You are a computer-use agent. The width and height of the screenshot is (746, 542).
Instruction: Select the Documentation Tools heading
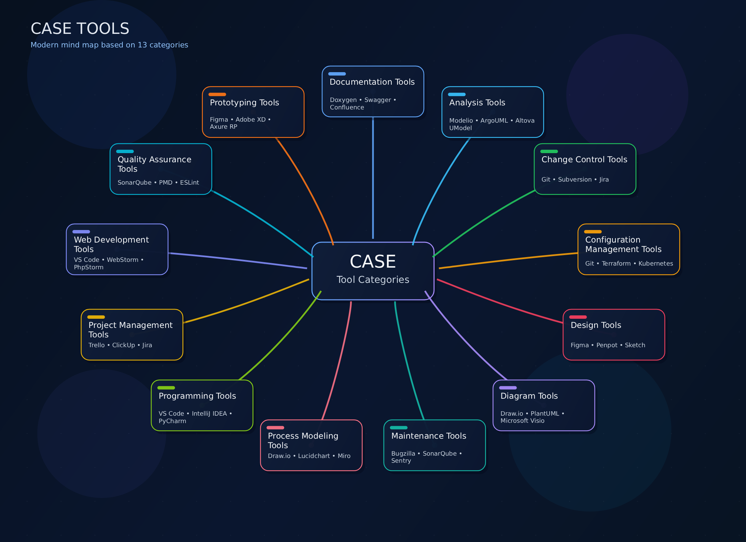click(372, 82)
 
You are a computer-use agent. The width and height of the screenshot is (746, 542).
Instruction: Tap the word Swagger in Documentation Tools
click(378, 100)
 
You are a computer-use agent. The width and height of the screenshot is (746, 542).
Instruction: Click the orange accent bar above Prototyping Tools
click(217, 95)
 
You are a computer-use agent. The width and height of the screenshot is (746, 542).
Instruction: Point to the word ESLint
click(189, 183)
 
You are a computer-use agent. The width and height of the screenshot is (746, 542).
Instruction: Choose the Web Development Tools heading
click(111, 244)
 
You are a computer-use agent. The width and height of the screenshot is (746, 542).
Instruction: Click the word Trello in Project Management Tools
click(97, 345)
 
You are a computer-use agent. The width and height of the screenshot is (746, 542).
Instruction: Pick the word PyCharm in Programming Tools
click(172, 421)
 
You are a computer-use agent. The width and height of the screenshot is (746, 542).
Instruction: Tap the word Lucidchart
click(314, 456)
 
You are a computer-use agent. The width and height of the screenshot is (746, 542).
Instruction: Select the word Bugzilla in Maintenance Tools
click(403, 454)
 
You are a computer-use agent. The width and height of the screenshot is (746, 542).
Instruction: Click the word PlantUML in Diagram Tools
click(545, 414)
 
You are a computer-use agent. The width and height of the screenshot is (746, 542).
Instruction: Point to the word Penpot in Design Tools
click(607, 345)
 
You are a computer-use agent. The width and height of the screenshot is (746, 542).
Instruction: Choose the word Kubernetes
click(655, 264)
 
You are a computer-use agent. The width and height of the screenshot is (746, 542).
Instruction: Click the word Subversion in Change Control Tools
click(575, 180)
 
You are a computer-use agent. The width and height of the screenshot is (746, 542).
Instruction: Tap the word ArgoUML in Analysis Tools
click(494, 121)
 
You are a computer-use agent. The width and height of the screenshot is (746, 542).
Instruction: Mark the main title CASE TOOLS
click(80, 28)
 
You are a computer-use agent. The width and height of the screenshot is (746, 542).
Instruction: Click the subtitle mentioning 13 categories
click(109, 45)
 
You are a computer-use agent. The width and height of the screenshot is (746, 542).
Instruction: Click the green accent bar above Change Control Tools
click(549, 151)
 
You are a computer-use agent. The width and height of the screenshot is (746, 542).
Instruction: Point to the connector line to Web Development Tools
click(237, 260)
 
